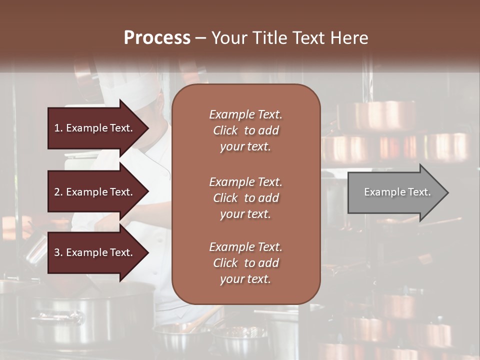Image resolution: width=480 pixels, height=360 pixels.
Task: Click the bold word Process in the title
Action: click(x=157, y=38)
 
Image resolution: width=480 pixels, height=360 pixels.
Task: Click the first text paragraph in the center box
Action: click(x=245, y=130)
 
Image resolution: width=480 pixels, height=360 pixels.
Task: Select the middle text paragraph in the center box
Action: click(x=245, y=198)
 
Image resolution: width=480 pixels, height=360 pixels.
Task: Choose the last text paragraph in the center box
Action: click(x=245, y=263)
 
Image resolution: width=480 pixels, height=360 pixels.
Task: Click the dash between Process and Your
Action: click(x=200, y=38)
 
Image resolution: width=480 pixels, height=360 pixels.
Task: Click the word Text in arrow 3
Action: click(x=121, y=252)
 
